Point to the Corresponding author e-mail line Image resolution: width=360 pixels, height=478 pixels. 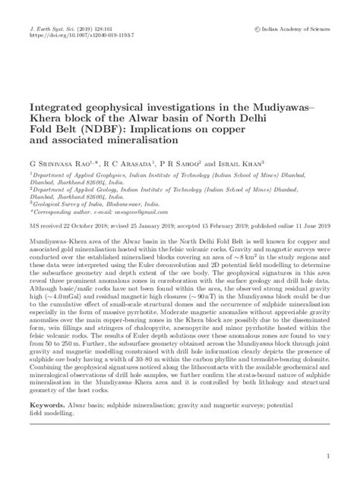pos(98,212)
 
